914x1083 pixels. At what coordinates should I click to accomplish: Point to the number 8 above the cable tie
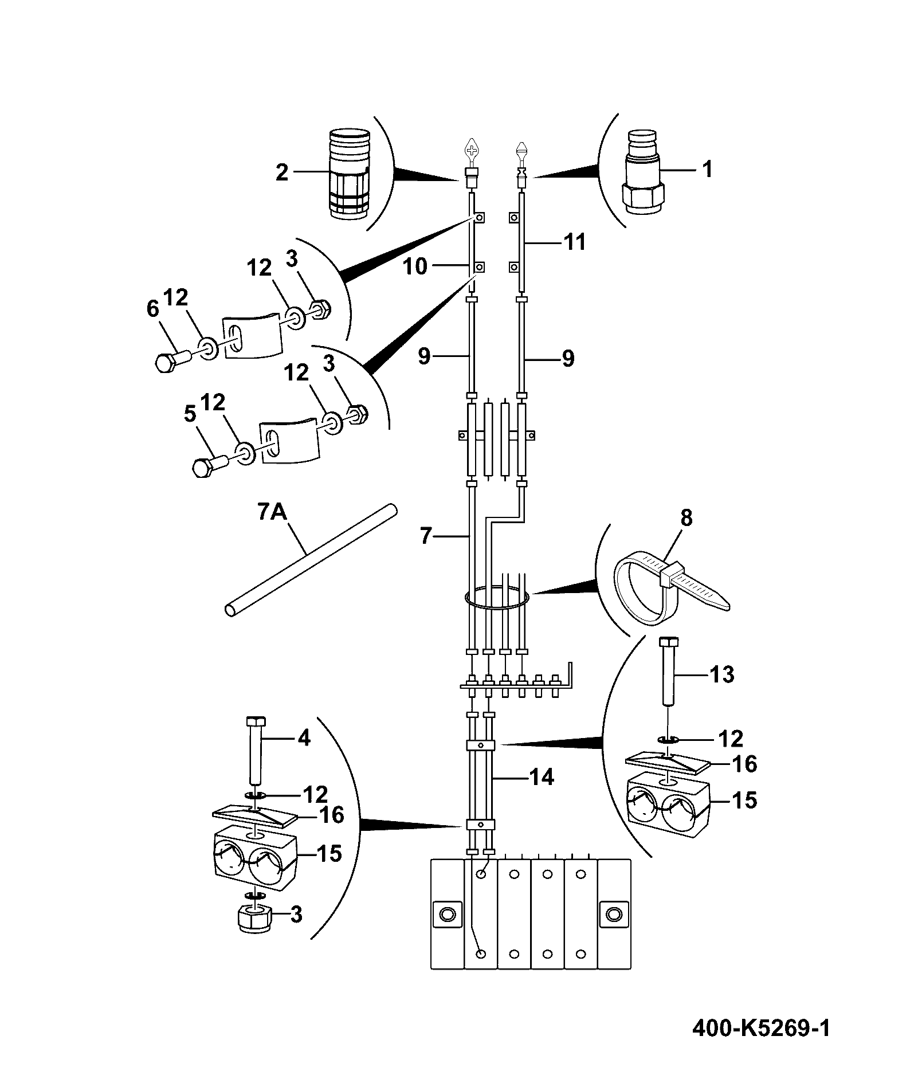click(686, 518)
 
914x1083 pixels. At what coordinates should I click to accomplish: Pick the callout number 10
click(415, 266)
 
